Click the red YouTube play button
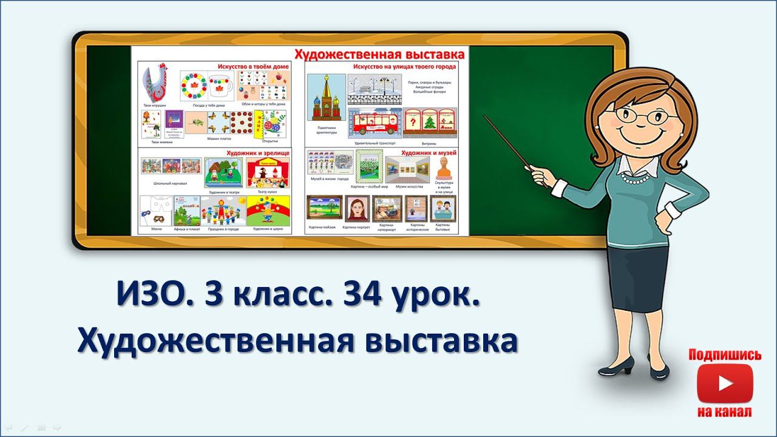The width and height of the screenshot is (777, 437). coord(725,382)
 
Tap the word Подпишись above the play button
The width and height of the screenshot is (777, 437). coord(725,355)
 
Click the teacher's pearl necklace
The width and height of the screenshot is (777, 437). coord(643,179)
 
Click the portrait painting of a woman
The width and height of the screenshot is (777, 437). coord(357,209)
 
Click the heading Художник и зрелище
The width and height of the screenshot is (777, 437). coord(257,154)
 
